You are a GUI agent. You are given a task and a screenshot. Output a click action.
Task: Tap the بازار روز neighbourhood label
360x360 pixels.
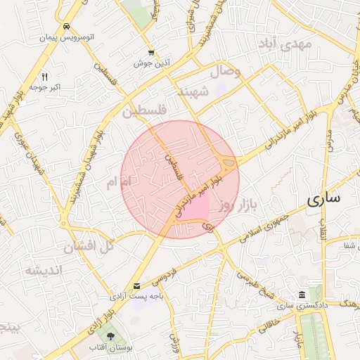pos(234,205)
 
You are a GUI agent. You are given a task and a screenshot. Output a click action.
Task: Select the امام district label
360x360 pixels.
pos(118,183)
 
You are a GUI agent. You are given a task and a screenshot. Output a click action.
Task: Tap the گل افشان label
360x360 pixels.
pos(89,247)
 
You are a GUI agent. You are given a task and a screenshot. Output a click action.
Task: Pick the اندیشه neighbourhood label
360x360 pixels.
pos(44,270)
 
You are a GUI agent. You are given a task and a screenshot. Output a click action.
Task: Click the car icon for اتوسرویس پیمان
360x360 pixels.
pos(66,26)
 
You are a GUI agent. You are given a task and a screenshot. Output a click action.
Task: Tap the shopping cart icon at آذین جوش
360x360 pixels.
pos(152,53)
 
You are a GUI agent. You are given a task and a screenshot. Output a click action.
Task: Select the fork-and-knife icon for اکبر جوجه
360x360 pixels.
pos(45,77)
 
